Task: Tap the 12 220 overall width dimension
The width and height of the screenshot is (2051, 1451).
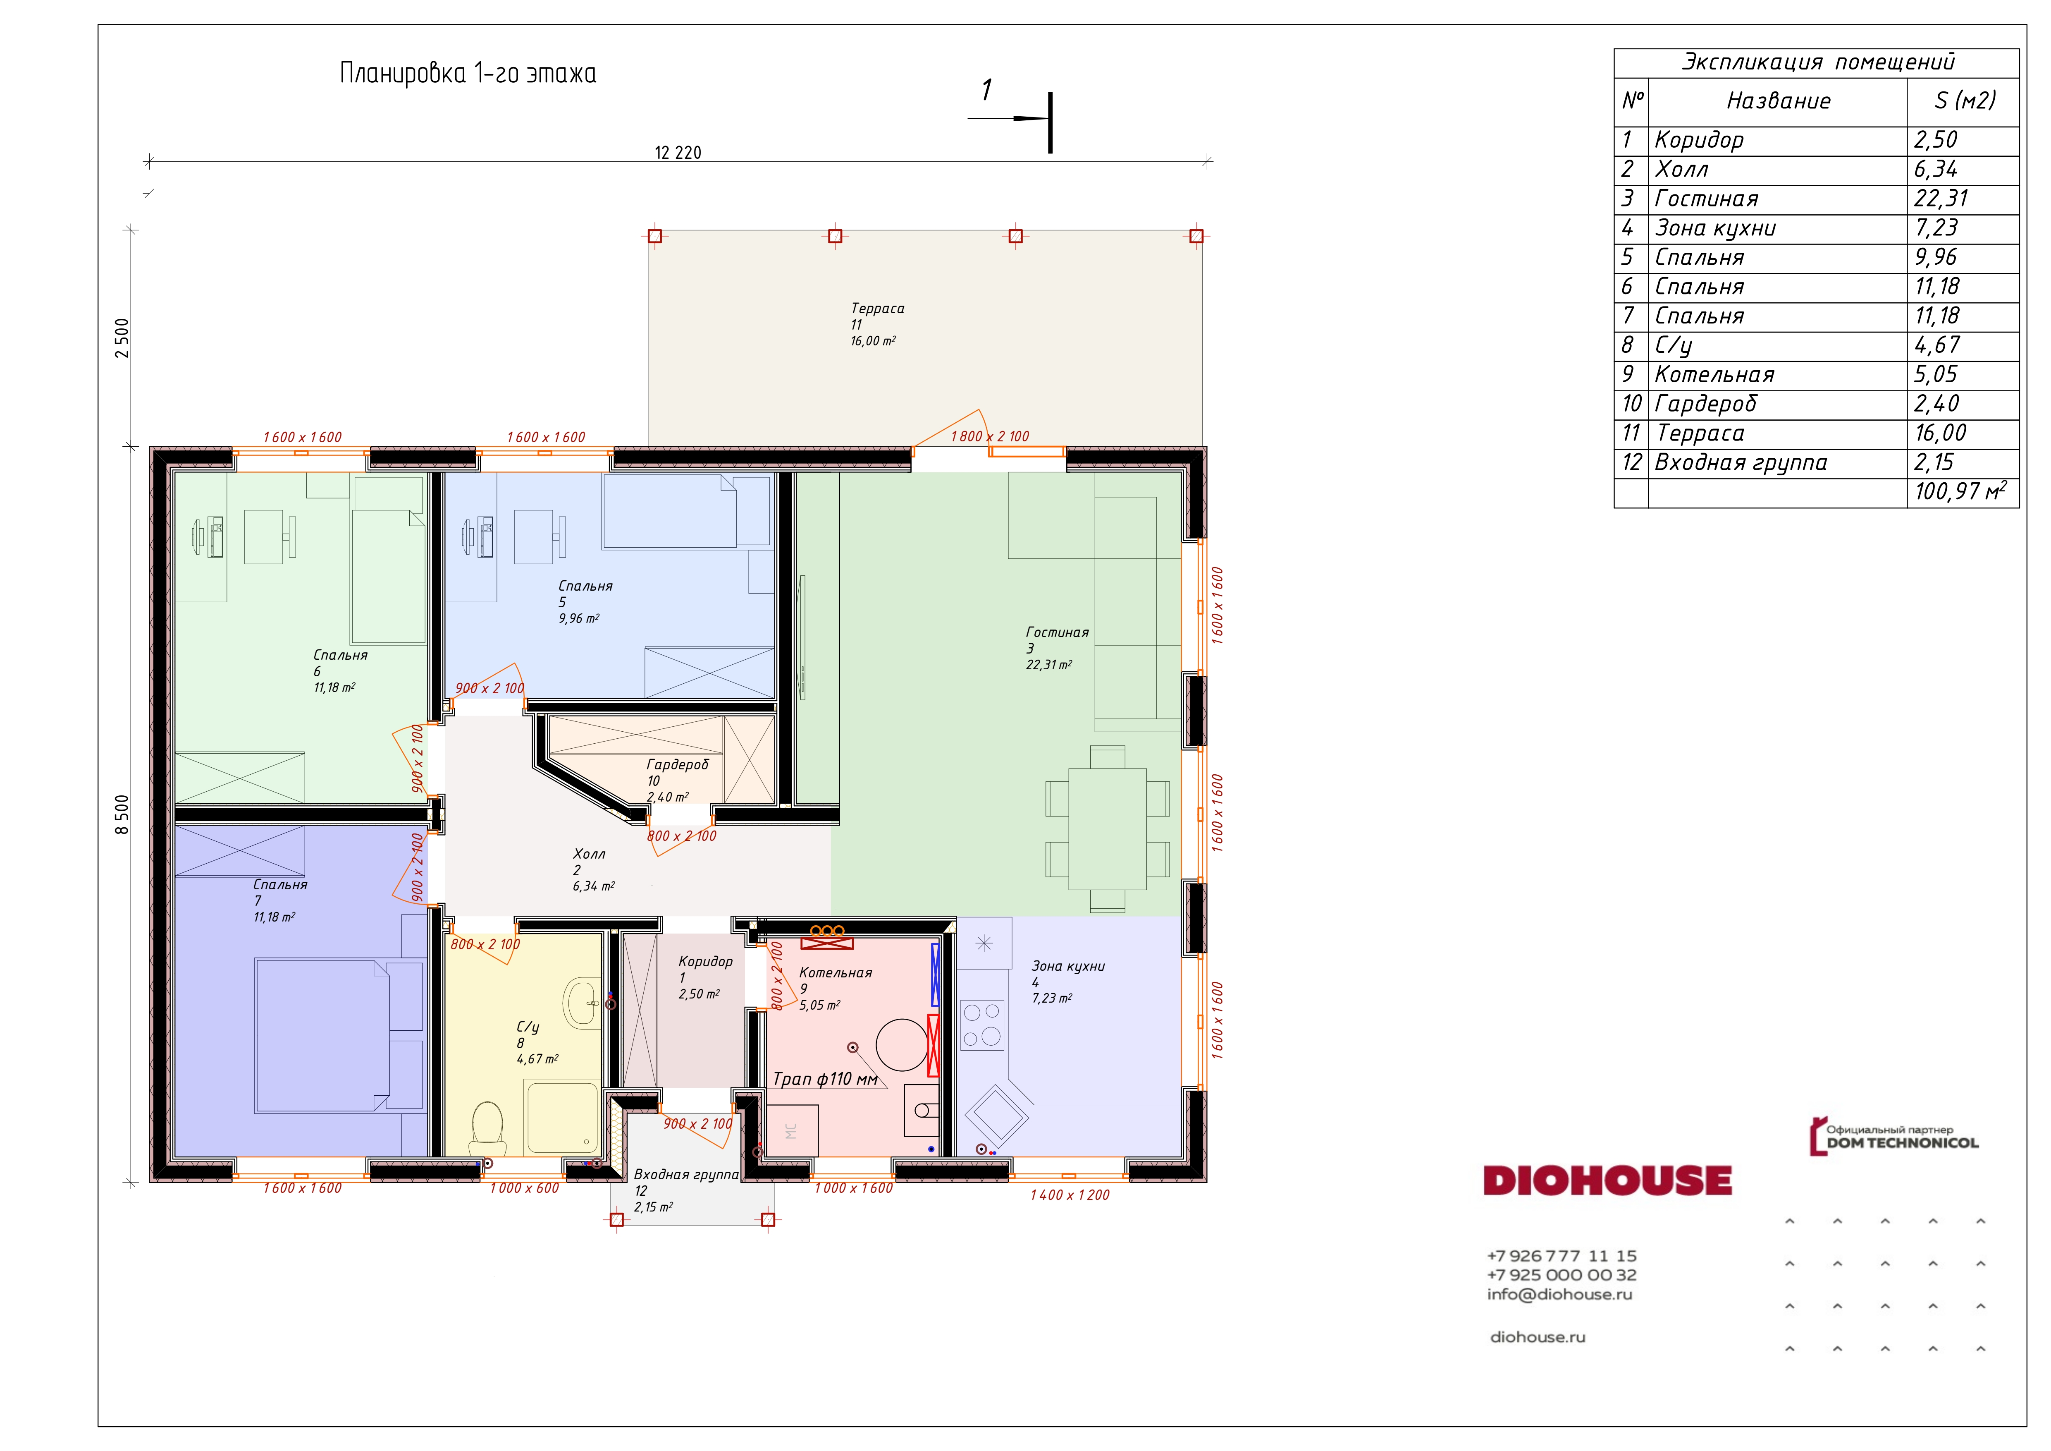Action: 678,153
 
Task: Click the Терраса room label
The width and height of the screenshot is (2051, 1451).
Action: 877,308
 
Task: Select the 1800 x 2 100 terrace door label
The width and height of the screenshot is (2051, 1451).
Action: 990,436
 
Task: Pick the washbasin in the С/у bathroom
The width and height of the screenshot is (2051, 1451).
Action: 583,1003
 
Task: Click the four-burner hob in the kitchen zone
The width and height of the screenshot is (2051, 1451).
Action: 982,1024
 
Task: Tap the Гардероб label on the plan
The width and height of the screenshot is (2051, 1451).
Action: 677,765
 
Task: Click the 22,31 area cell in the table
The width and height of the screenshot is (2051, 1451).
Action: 1940,199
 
